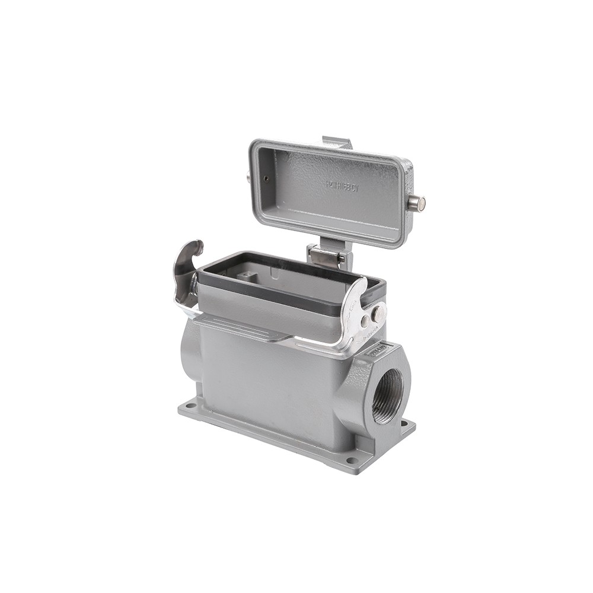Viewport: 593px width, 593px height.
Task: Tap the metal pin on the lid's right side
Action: pos(416,203)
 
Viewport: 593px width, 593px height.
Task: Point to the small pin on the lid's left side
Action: pos(247,176)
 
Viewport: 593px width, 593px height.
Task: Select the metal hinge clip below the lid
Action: pos(326,257)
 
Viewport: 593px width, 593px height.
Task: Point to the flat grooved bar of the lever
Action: pos(237,327)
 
